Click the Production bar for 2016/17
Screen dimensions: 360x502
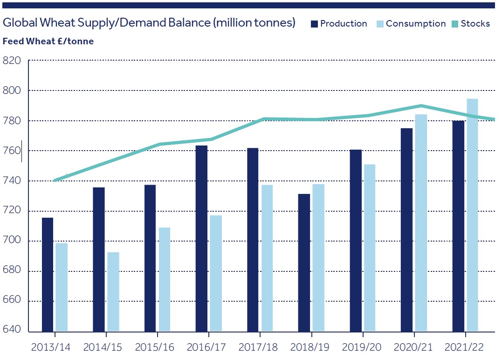(x=201, y=238)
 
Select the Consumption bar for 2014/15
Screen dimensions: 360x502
(x=113, y=291)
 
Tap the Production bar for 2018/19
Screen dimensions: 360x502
(x=304, y=263)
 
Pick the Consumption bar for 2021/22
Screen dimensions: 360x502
(x=472, y=215)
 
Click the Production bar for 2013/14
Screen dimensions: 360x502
(x=48, y=274)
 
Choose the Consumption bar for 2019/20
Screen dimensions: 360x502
(x=370, y=248)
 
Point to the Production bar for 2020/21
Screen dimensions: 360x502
(x=406, y=229)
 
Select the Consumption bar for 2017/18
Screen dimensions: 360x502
(x=267, y=258)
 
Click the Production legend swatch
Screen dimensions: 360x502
(x=315, y=24)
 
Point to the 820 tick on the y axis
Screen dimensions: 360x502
(x=12, y=61)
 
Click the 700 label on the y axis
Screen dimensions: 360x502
(x=12, y=241)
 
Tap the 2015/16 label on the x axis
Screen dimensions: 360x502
(x=158, y=347)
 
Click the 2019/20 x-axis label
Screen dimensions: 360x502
(x=363, y=347)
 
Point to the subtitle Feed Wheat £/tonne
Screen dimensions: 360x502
(x=48, y=41)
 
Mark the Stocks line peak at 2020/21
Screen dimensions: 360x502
(x=421, y=105)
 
